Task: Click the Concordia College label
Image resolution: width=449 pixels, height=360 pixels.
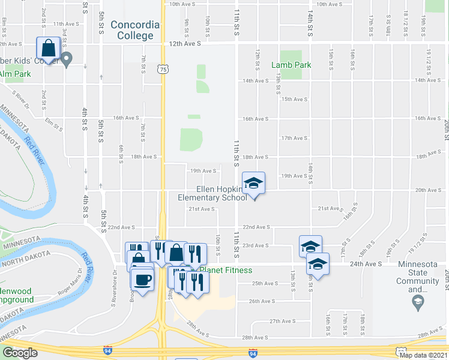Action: [x=135, y=30]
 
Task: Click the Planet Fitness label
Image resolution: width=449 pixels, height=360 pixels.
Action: [x=223, y=270]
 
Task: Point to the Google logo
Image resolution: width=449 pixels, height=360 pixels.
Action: [x=20, y=353]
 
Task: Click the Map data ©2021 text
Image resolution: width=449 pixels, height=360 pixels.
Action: [x=423, y=355]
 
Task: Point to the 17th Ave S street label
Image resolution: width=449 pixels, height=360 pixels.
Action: [x=294, y=138]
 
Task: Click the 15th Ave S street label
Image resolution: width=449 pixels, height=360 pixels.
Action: [x=294, y=100]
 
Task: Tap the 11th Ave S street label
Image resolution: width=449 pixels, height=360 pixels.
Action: [x=66, y=24]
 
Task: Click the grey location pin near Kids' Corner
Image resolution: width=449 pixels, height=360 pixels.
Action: [x=67, y=59]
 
